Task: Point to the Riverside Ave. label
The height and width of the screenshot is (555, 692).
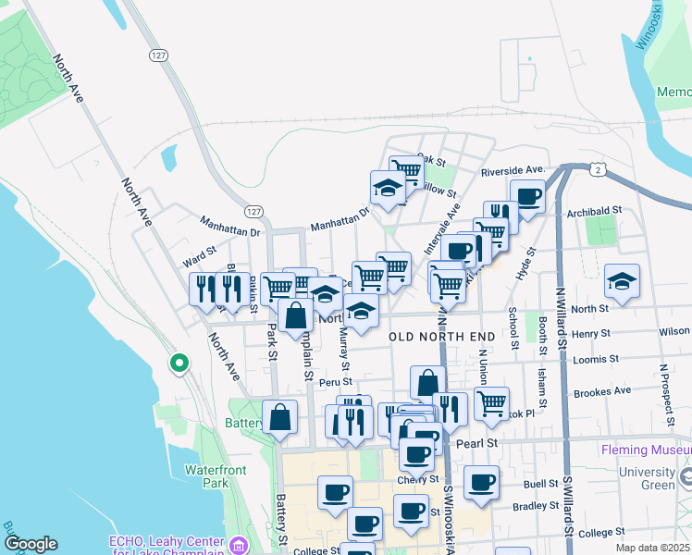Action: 513,171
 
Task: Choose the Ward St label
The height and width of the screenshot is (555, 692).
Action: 199,250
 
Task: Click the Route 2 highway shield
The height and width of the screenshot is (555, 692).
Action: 599,169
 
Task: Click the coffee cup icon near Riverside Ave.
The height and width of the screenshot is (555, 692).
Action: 527,196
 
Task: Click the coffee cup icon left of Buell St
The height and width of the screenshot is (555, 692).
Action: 481,482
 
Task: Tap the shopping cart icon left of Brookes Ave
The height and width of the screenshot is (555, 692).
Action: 491,402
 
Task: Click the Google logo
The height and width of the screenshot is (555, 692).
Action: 31,544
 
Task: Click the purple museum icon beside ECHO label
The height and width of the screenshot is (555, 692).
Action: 240,544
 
